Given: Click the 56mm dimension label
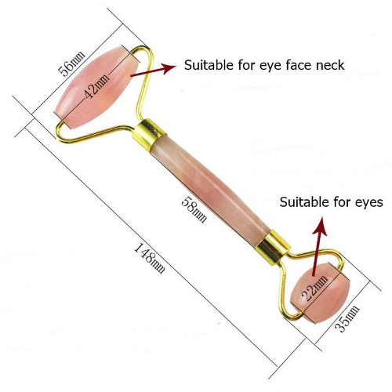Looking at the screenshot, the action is click(x=71, y=64).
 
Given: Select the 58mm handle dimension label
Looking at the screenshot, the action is click(x=194, y=209).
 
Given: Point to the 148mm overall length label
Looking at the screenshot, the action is click(x=150, y=259).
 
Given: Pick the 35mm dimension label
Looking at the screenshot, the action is click(x=347, y=318).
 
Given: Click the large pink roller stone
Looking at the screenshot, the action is click(x=96, y=87).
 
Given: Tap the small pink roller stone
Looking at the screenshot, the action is click(x=320, y=293).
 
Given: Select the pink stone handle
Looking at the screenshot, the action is click(x=211, y=191).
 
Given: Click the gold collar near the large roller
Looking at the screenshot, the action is click(x=149, y=135).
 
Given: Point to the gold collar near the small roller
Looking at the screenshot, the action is click(x=273, y=248).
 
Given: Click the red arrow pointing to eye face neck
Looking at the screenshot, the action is click(x=153, y=71).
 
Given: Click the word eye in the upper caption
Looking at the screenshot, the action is click(x=270, y=67).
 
